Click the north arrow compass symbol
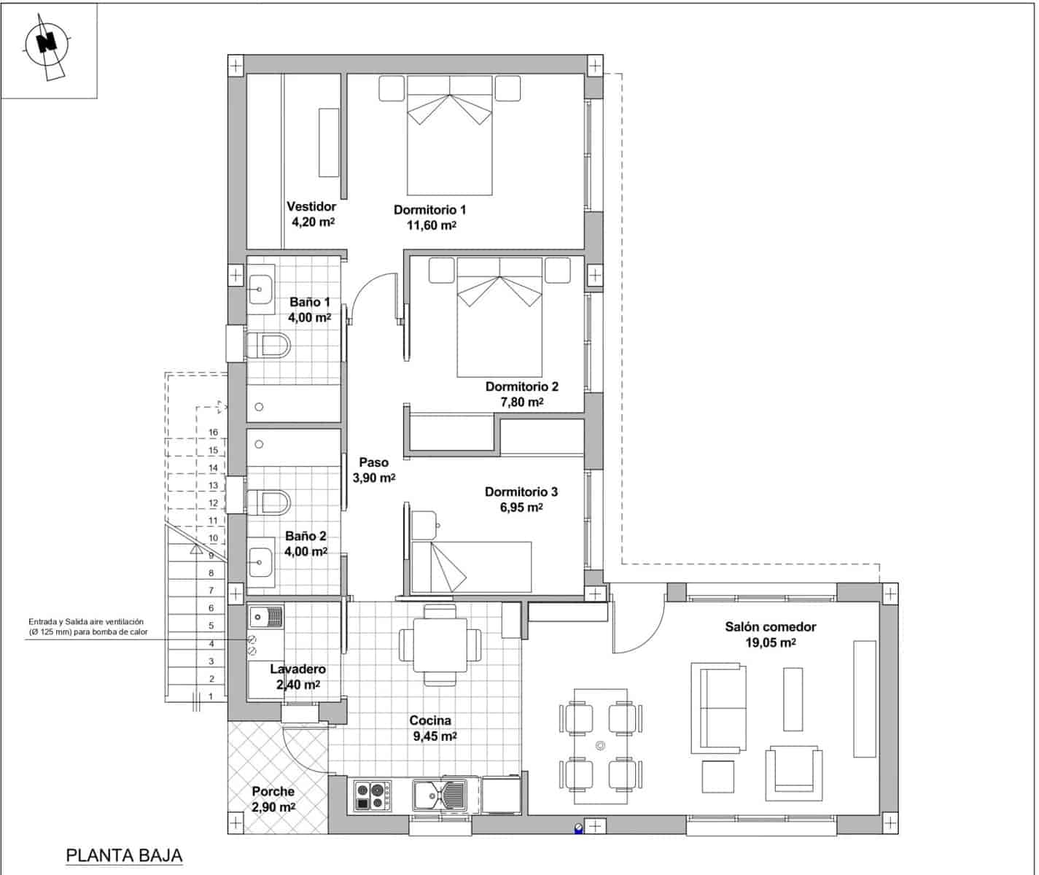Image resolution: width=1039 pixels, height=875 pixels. (x=48, y=46)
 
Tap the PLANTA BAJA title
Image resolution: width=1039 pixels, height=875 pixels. (x=124, y=855)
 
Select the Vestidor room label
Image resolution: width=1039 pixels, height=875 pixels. (x=311, y=206)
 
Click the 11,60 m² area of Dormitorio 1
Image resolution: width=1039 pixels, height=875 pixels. (x=431, y=225)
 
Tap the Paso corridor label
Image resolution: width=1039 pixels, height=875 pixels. (x=373, y=462)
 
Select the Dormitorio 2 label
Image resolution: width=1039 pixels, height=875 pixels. (x=521, y=386)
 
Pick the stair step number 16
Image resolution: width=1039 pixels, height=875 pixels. (x=214, y=432)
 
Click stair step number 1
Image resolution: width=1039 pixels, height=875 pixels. (x=211, y=696)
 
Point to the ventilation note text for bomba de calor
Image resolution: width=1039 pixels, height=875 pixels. (x=88, y=626)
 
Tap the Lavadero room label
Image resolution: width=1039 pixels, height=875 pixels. (x=297, y=669)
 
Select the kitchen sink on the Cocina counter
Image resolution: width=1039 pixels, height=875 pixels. (x=440, y=796)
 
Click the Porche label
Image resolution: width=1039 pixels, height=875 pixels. (x=273, y=791)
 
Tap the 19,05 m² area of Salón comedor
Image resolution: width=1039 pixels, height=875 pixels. (x=770, y=642)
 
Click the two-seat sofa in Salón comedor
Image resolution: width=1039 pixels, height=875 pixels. (x=717, y=708)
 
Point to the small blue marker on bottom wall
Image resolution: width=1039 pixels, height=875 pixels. (x=579, y=828)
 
